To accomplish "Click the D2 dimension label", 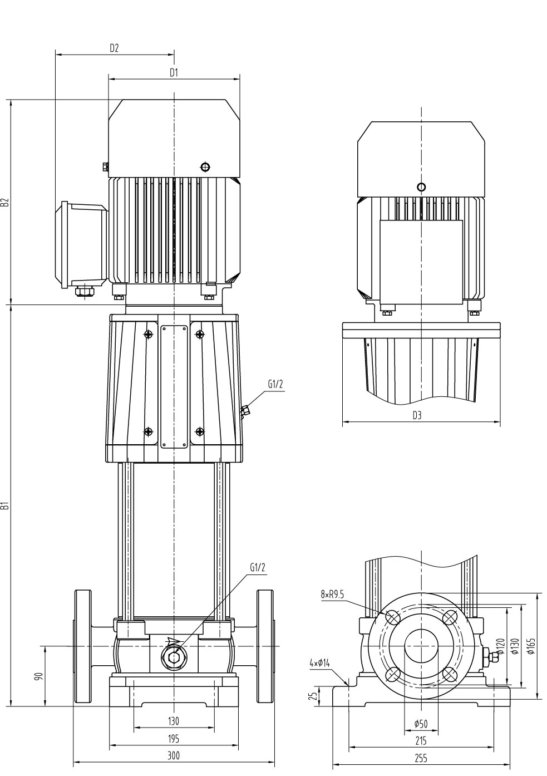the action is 114,48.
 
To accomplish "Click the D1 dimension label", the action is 174,72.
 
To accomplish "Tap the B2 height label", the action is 5,202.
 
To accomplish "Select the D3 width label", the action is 417,415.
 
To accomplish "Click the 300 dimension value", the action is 174,755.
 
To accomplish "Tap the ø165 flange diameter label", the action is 532,646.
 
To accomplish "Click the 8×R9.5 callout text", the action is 332,595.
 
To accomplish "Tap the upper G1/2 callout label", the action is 275,384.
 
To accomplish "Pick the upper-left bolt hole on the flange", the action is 393,617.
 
